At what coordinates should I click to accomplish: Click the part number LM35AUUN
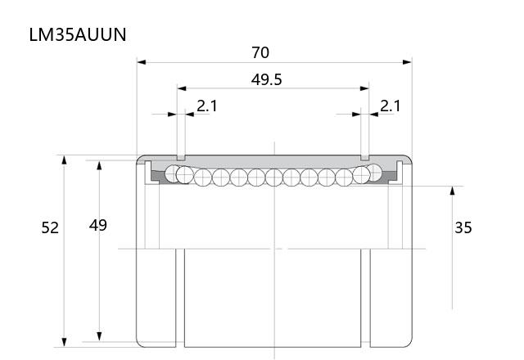tap(78, 34)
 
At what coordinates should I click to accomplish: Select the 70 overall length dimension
tap(260, 52)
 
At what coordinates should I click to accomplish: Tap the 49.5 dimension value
tap(266, 80)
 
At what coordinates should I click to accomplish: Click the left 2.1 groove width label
tap(207, 106)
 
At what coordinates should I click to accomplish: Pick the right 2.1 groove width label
tap(390, 106)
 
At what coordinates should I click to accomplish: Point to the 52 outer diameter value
tap(50, 227)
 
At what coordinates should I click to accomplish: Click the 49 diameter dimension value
tap(98, 226)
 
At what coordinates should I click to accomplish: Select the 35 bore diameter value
tap(463, 227)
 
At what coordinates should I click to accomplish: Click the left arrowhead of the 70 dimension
tap(142, 62)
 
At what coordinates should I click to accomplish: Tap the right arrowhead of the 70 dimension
tap(407, 62)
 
